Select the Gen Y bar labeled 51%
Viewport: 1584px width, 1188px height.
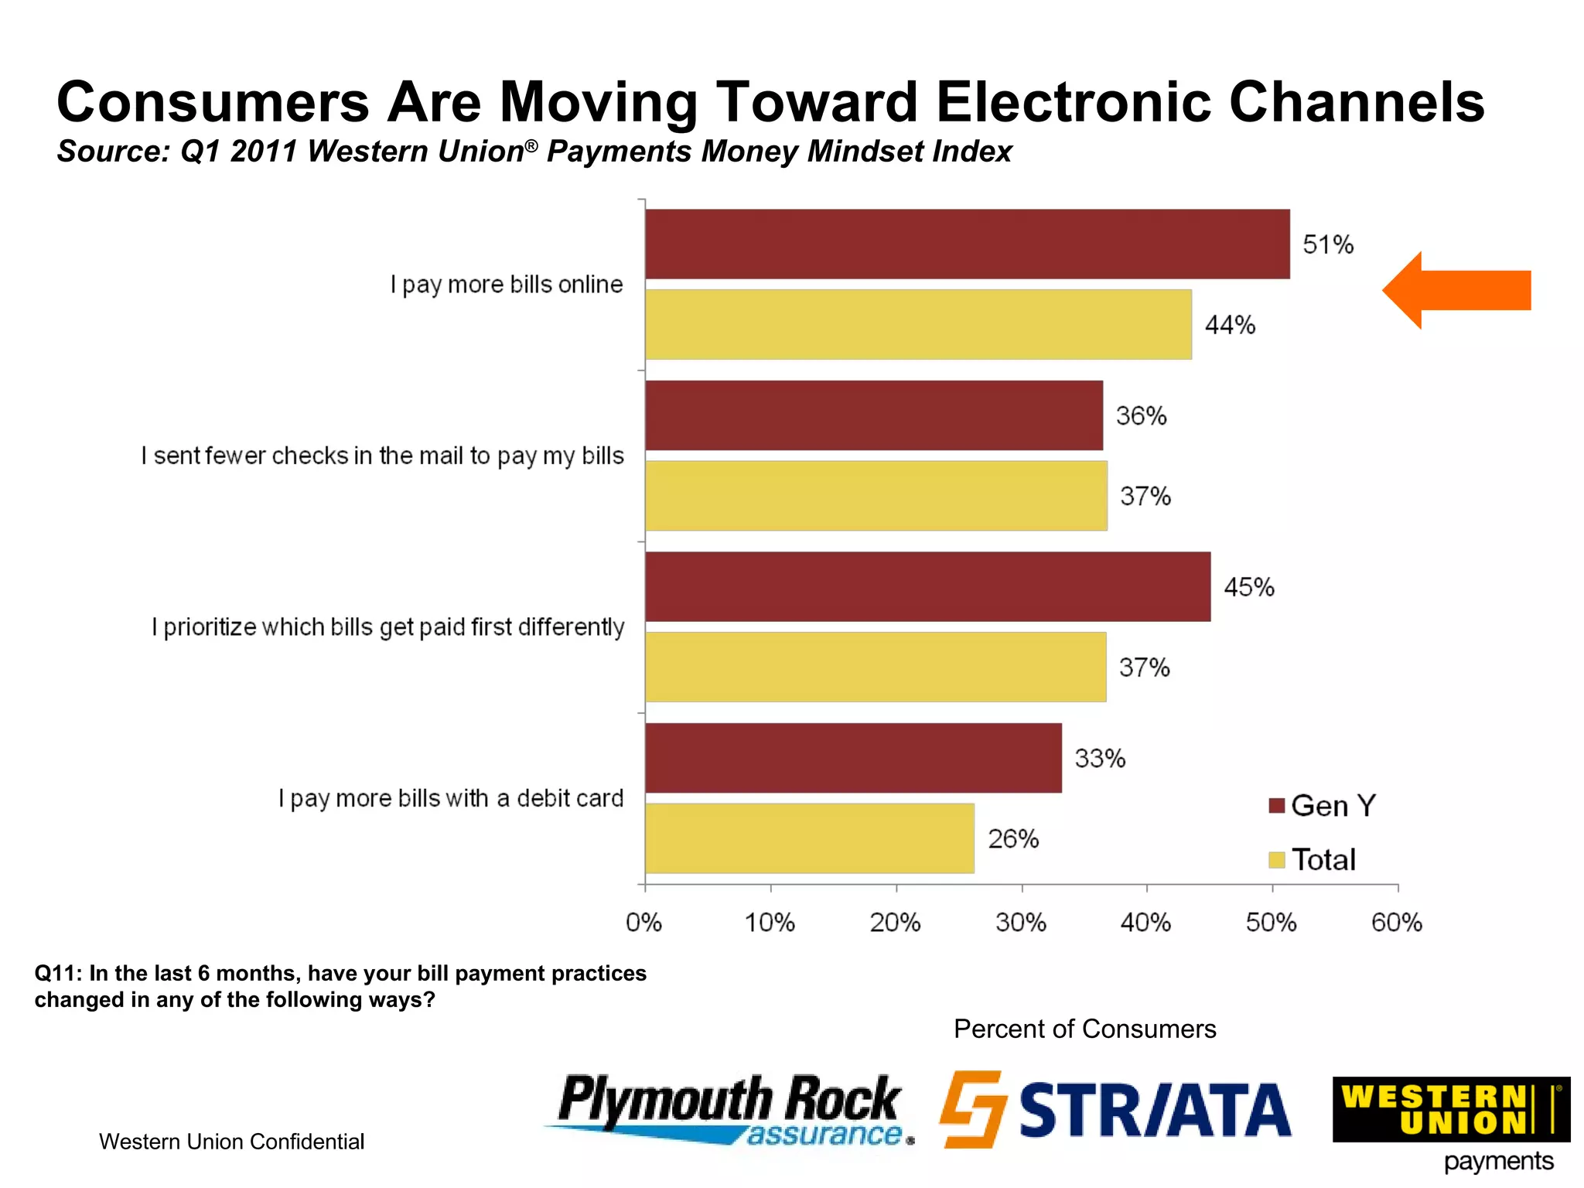pos(967,244)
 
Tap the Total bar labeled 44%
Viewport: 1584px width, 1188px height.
pos(918,325)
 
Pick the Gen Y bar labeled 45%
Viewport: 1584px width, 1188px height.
pos(927,586)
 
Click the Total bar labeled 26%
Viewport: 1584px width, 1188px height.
pos(809,838)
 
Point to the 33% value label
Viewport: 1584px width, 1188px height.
pos(1100,759)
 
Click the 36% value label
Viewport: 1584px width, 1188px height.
pos(1141,416)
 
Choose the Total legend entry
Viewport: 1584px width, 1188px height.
pos(1313,860)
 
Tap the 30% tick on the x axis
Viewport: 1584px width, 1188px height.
pos(1021,923)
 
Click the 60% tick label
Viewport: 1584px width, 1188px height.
pos(1396,923)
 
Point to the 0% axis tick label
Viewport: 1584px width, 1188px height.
pos(643,923)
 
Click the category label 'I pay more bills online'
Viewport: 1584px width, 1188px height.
pos(507,285)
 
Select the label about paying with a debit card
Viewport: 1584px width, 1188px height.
pos(451,798)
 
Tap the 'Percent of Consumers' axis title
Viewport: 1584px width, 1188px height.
pos(1084,1029)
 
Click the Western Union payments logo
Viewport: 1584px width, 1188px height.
pos(1451,1121)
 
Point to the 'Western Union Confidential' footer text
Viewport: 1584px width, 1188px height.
pos(231,1142)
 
